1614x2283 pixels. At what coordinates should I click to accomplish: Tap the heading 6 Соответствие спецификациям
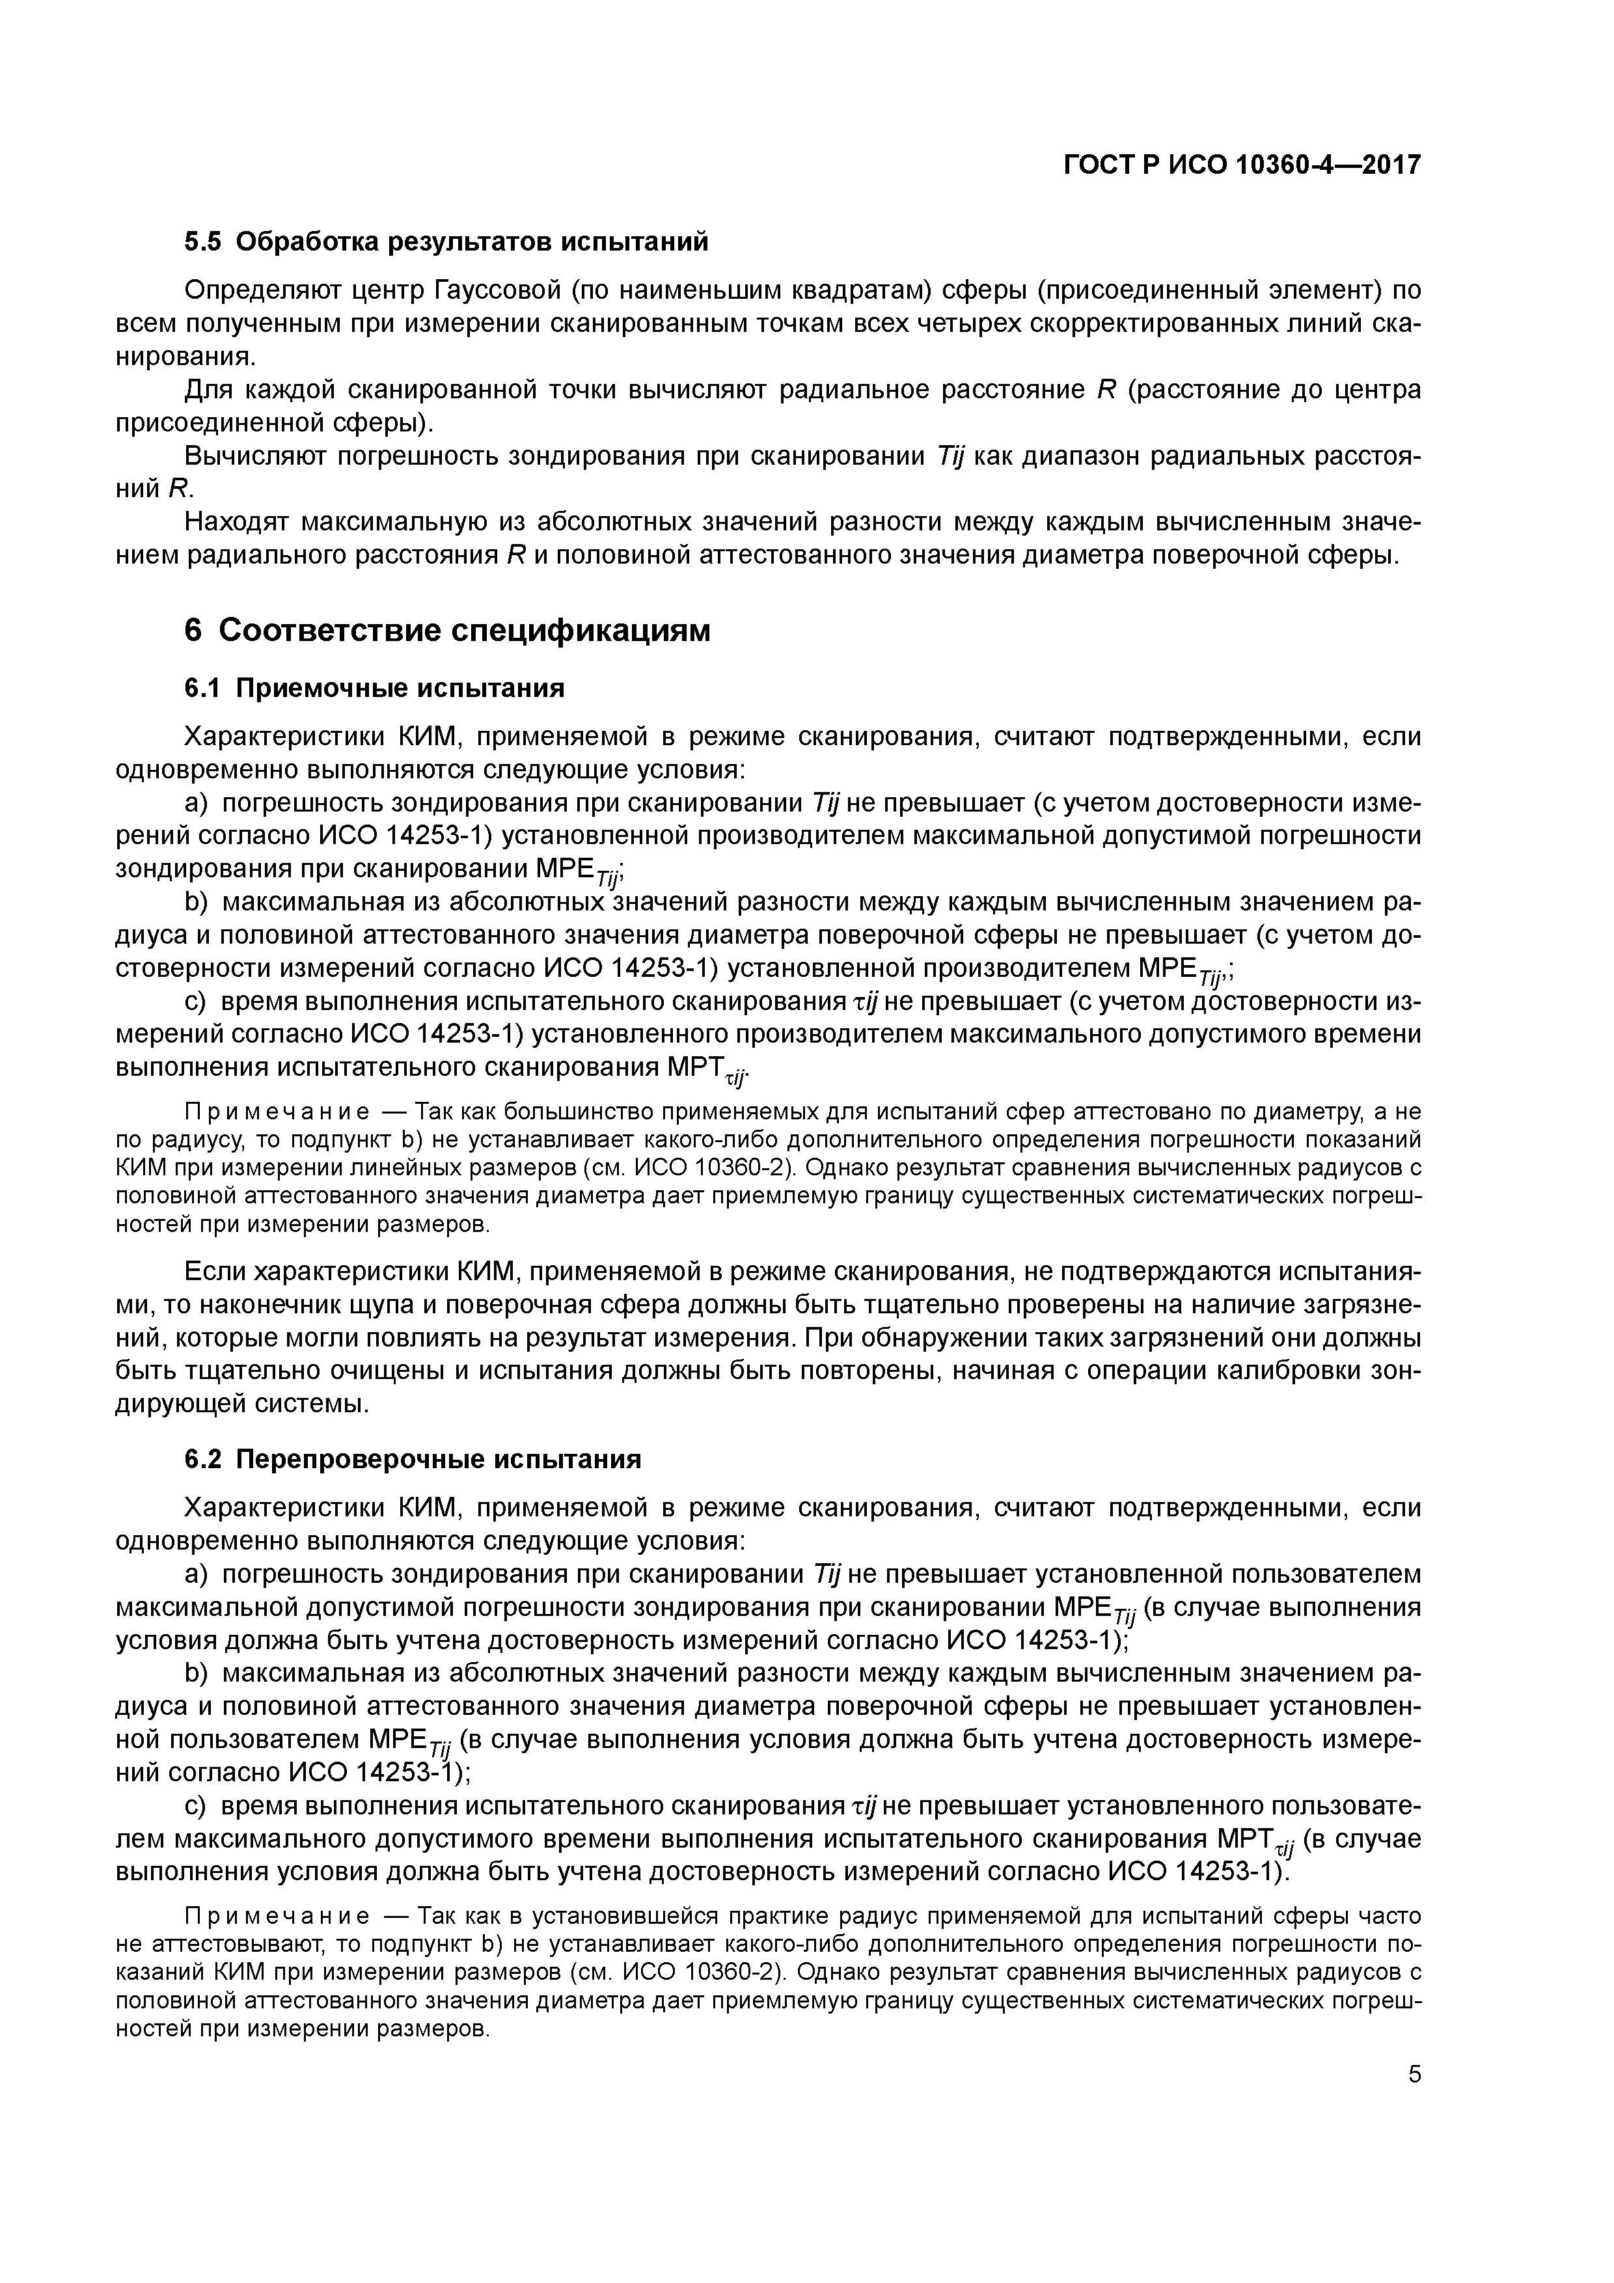click(448, 631)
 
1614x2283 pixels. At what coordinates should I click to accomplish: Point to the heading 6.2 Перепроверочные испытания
click(413, 1458)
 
